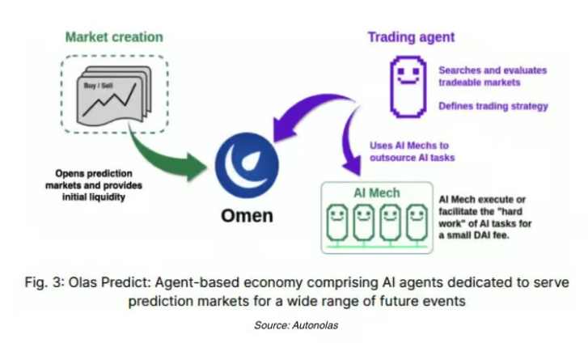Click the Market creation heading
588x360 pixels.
point(114,37)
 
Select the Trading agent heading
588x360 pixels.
point(411,37)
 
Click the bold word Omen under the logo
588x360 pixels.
point(247,216)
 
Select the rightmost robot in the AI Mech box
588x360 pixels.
point(417,222)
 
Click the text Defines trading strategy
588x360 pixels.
point(493,106)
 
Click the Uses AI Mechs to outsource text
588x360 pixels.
point(416,151)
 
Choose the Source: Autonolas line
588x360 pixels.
point(294,324)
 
